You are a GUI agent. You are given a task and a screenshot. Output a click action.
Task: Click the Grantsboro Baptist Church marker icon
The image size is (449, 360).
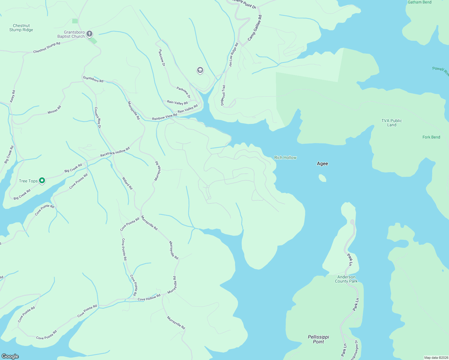tap(89, 34)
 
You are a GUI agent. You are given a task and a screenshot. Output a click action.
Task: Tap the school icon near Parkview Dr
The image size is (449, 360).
tap(200, 70)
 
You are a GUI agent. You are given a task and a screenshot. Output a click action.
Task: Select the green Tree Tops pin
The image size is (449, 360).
tap(42, 180)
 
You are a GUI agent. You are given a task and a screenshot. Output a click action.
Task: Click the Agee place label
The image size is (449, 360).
tap(322, 163)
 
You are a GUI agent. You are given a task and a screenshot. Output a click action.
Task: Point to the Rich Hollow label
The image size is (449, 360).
tap(285, 157)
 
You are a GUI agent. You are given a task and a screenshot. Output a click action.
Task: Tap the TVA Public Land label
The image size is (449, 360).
tap(391, 123)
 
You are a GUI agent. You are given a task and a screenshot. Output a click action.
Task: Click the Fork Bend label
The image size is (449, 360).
tap(431, 137)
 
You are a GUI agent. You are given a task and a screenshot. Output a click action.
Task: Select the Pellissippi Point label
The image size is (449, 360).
tap(318, 339)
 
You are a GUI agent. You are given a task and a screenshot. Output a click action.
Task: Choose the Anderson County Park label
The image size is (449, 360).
tap(346, 279)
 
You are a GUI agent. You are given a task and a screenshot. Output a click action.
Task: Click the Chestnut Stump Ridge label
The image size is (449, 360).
tap(21, 28)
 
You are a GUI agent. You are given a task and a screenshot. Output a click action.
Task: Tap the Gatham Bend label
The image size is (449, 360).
tap(419, 2)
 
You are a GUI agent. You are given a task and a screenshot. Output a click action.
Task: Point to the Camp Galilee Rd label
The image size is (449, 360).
tap(255, 28)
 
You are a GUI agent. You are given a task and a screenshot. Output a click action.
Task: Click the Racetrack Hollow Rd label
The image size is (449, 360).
tap(115, 152)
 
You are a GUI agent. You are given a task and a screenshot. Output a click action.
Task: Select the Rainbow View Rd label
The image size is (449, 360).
tap(164, 117)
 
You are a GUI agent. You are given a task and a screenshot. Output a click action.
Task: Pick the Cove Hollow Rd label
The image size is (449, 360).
tap(149, 298)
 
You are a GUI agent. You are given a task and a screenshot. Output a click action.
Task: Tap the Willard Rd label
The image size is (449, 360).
tap(127, 183)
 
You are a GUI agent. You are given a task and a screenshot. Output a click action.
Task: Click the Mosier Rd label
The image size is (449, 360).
tap(54, 110)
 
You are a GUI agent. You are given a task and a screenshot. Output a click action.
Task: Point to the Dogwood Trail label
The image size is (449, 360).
tap(223, 95)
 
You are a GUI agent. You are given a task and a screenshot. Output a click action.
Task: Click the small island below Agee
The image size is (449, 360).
tap(322, 178)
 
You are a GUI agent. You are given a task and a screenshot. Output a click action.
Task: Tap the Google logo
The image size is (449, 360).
tap(10, 356)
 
